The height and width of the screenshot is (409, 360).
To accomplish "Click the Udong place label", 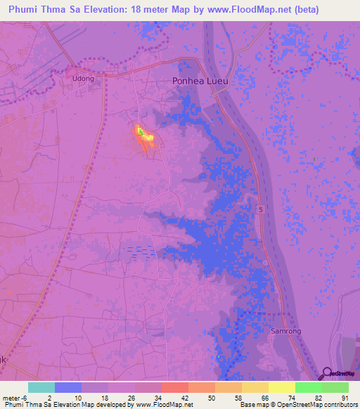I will click(83, 79).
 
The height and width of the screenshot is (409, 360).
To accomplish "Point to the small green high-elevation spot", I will click(140, 131).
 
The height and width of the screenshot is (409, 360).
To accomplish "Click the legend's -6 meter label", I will click(19, 398).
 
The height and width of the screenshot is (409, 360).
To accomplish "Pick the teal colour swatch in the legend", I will click(41, 387).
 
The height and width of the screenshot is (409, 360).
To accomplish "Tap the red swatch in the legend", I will click(175, 387).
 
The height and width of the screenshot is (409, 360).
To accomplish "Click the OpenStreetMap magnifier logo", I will click(327, 374).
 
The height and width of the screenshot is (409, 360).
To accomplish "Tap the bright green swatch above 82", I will click(309, 387).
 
